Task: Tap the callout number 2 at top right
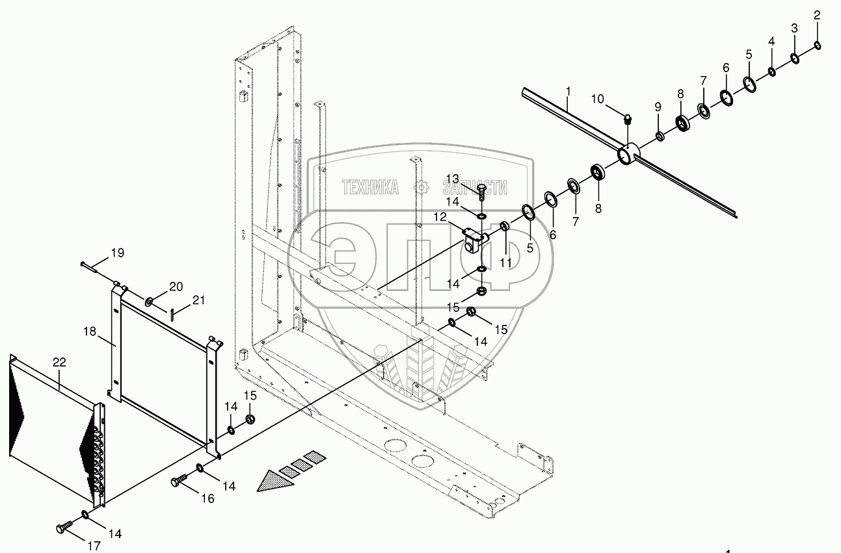coord(818,15)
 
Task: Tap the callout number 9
coord(658,106)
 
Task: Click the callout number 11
coord(506,263)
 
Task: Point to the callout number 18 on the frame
coord(90,331)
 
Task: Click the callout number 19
coord(117,252)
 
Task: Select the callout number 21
coord(198,300)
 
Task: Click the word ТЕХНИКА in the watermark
coord(371,188)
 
